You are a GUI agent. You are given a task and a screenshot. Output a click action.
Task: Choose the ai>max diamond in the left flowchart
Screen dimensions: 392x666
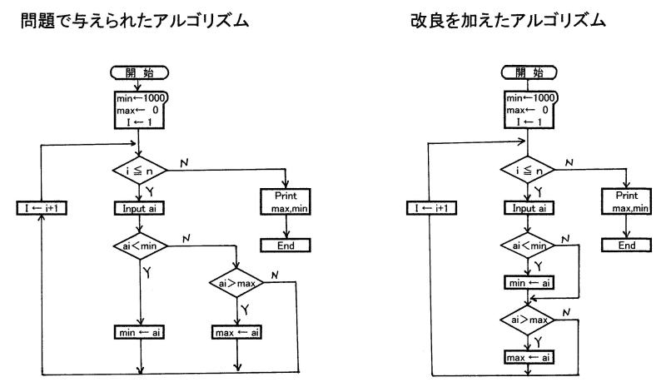pos(238,284)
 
